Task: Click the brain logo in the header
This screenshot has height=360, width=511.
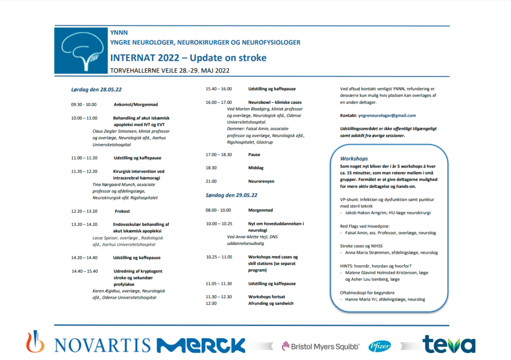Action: [80, 50]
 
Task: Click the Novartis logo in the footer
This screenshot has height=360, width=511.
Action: [88, 345]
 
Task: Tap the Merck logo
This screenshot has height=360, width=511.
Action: [201, 345]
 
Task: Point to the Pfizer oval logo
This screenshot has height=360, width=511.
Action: [380, 346]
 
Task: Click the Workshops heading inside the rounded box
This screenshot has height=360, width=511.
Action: [354, 159]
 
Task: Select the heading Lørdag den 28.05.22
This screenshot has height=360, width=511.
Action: [96, 90]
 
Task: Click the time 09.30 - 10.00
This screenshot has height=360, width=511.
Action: [83, 105]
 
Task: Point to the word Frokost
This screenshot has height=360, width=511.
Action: [122, 211]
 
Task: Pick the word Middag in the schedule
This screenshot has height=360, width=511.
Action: [256, 168]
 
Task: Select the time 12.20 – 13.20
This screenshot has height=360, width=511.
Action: [84, 211]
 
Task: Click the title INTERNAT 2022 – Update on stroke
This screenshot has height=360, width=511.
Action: [188, 58]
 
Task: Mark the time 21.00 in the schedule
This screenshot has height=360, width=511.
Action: [212, 181]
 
